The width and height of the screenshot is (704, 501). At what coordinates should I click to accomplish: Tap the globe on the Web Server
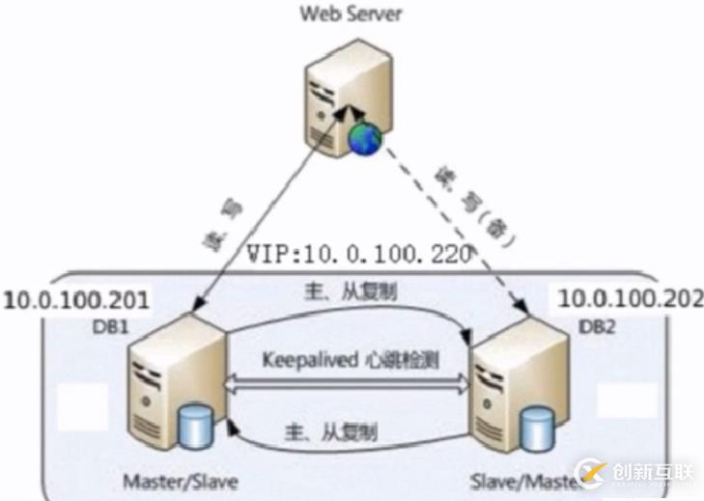[366, 138]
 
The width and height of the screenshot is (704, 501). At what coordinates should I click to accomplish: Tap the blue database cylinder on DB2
[536, 425]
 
